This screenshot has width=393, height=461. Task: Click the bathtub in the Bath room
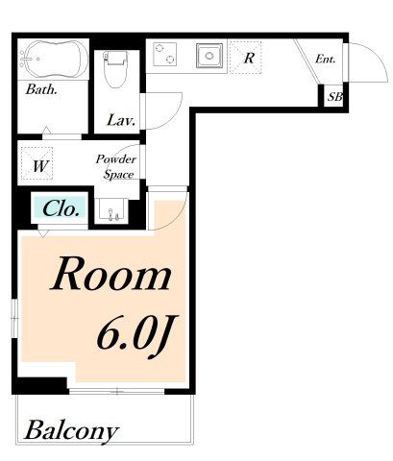[53, 60]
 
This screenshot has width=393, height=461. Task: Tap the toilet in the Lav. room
[115, 69]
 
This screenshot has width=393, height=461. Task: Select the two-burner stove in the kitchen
[165, 54]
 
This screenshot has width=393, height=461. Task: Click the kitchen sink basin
[209, 56]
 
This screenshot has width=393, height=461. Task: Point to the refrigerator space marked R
[246, 58]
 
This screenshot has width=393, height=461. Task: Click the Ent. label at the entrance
[325, 59]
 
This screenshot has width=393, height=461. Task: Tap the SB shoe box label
[335, 96]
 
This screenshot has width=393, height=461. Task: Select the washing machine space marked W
[37, 163]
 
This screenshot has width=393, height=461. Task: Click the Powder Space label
[116, 167]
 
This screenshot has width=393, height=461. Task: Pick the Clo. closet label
[61, 209]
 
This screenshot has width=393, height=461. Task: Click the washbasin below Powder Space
[111, 209]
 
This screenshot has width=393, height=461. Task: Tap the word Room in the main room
[111, 274]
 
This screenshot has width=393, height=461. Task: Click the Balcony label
[72, 431]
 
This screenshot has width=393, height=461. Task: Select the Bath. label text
[41, 89]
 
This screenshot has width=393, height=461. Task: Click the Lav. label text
[121, 120]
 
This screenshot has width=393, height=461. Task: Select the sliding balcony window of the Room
[117, 391]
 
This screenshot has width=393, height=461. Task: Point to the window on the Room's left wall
[14, 318]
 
